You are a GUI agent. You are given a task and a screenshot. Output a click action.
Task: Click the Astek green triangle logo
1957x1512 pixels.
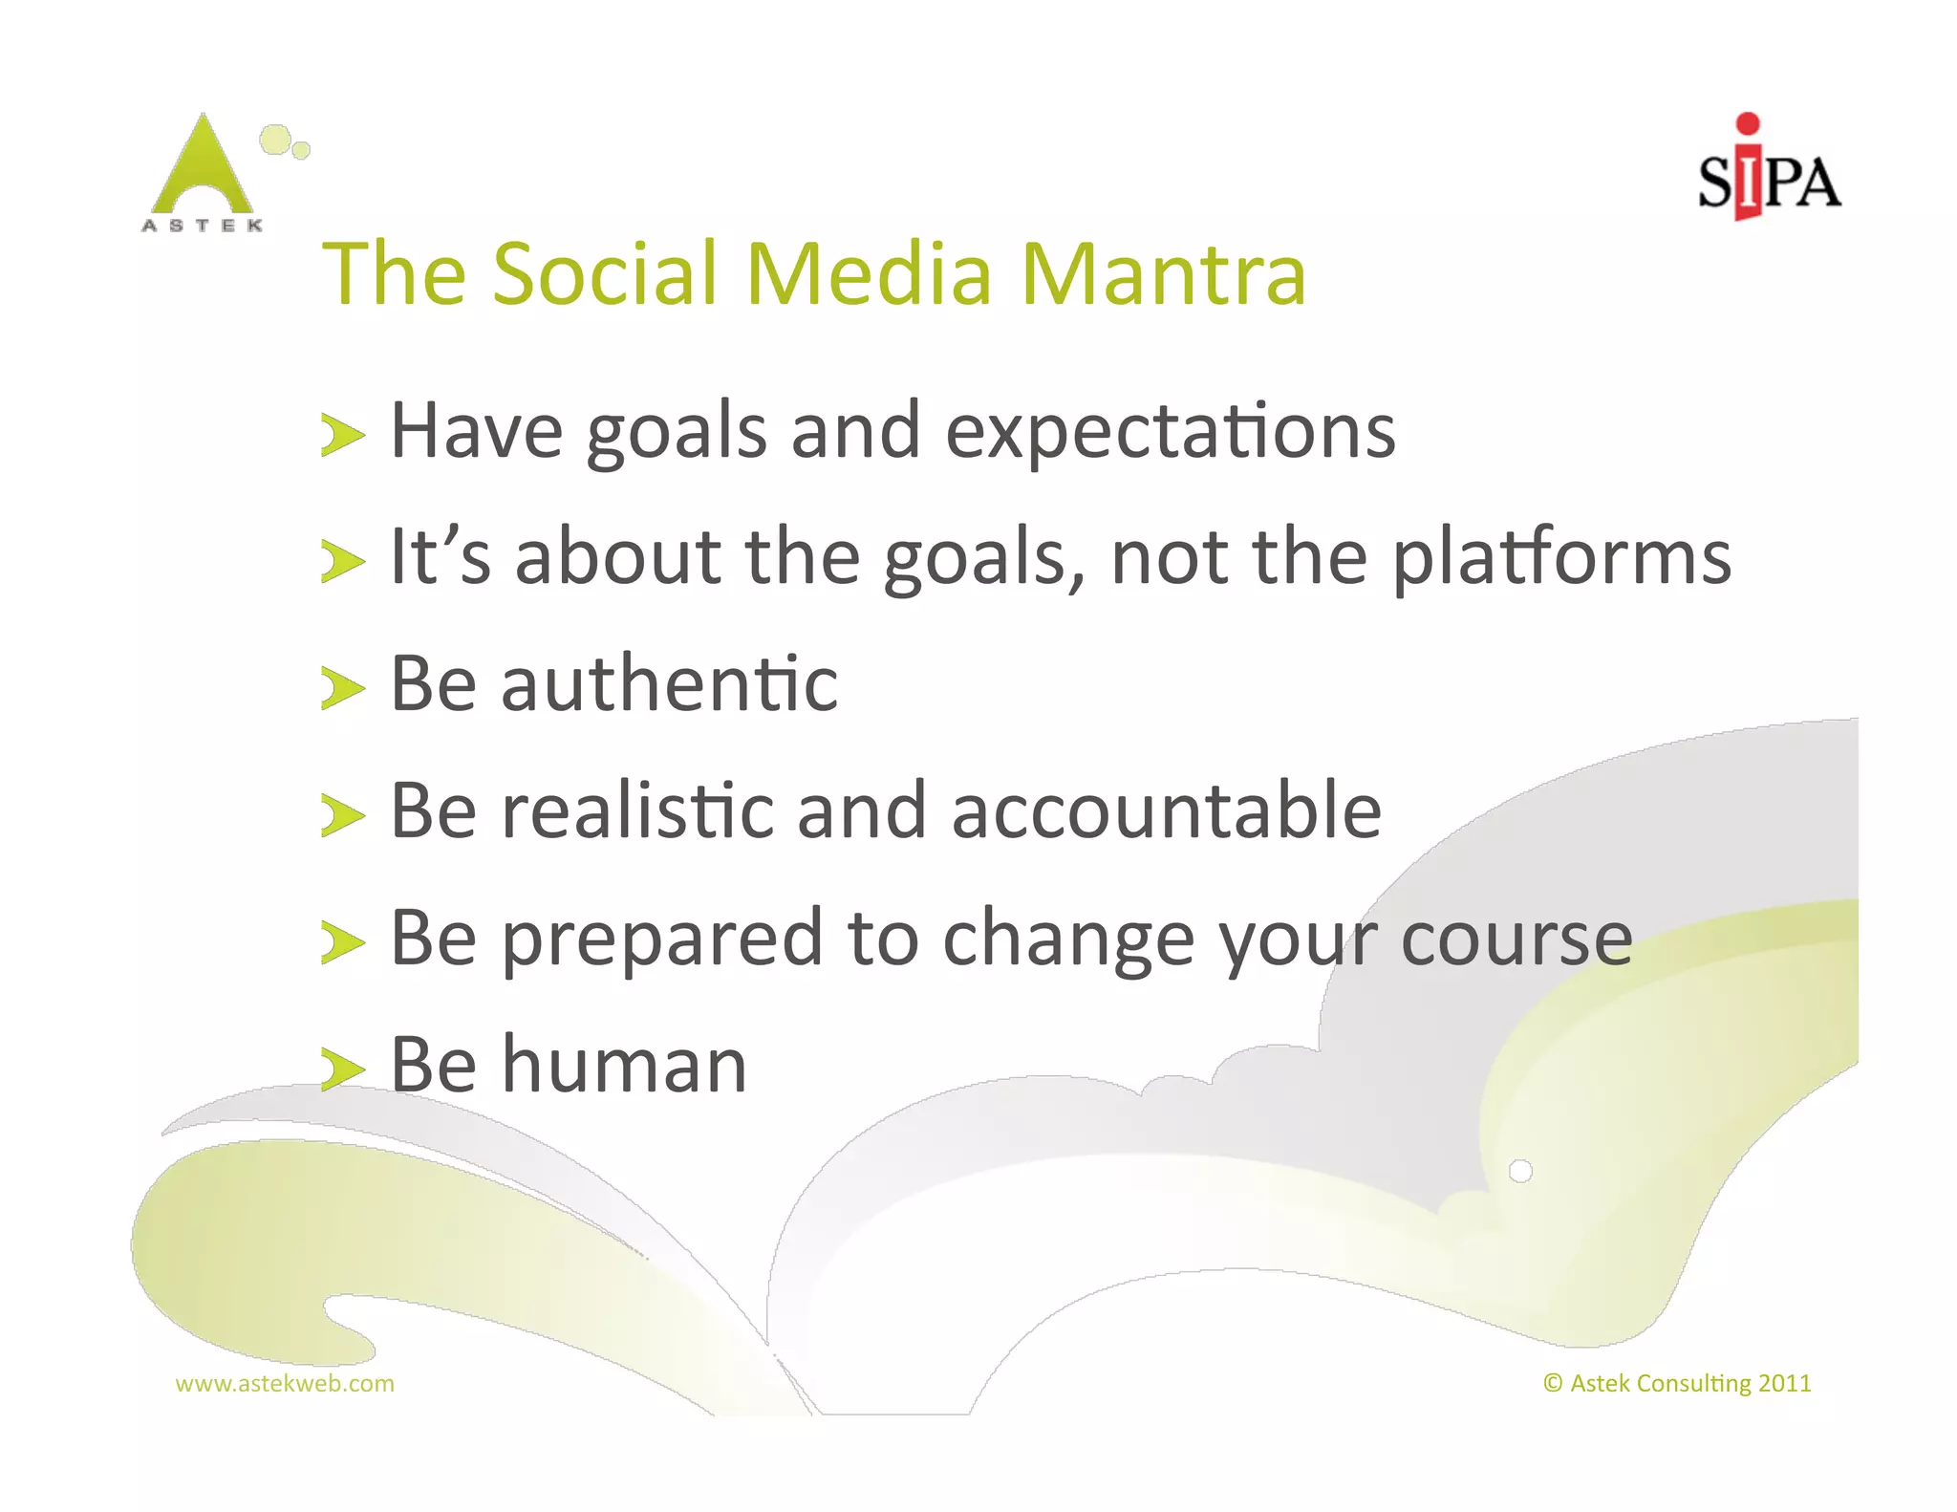point(204,168)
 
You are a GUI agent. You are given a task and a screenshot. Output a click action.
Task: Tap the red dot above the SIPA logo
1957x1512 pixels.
point(1748,123)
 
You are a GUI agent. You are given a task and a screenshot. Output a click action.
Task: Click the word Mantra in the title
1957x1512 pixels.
point(1163,274)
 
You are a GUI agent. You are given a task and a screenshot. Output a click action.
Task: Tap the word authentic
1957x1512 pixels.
point(669,684)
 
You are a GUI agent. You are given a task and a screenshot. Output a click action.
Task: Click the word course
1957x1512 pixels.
point(1516,940)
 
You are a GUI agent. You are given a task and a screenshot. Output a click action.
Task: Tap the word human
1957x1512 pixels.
point(624,1065)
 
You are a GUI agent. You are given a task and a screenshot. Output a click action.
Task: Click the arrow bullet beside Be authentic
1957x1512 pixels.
point(342,688)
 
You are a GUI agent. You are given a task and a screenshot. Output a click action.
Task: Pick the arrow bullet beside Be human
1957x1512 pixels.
point(342,1069)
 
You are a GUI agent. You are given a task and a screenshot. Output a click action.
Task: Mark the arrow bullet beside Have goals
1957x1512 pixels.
point(342,436)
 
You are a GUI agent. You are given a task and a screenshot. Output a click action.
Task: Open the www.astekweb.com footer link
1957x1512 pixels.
point(285,1383)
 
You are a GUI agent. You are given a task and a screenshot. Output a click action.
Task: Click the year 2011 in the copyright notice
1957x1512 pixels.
point(1784,1383)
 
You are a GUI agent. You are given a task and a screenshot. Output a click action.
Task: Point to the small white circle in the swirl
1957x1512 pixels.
point(1520,1171)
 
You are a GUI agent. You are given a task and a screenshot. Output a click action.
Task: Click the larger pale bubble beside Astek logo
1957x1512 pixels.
point(275,140)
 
